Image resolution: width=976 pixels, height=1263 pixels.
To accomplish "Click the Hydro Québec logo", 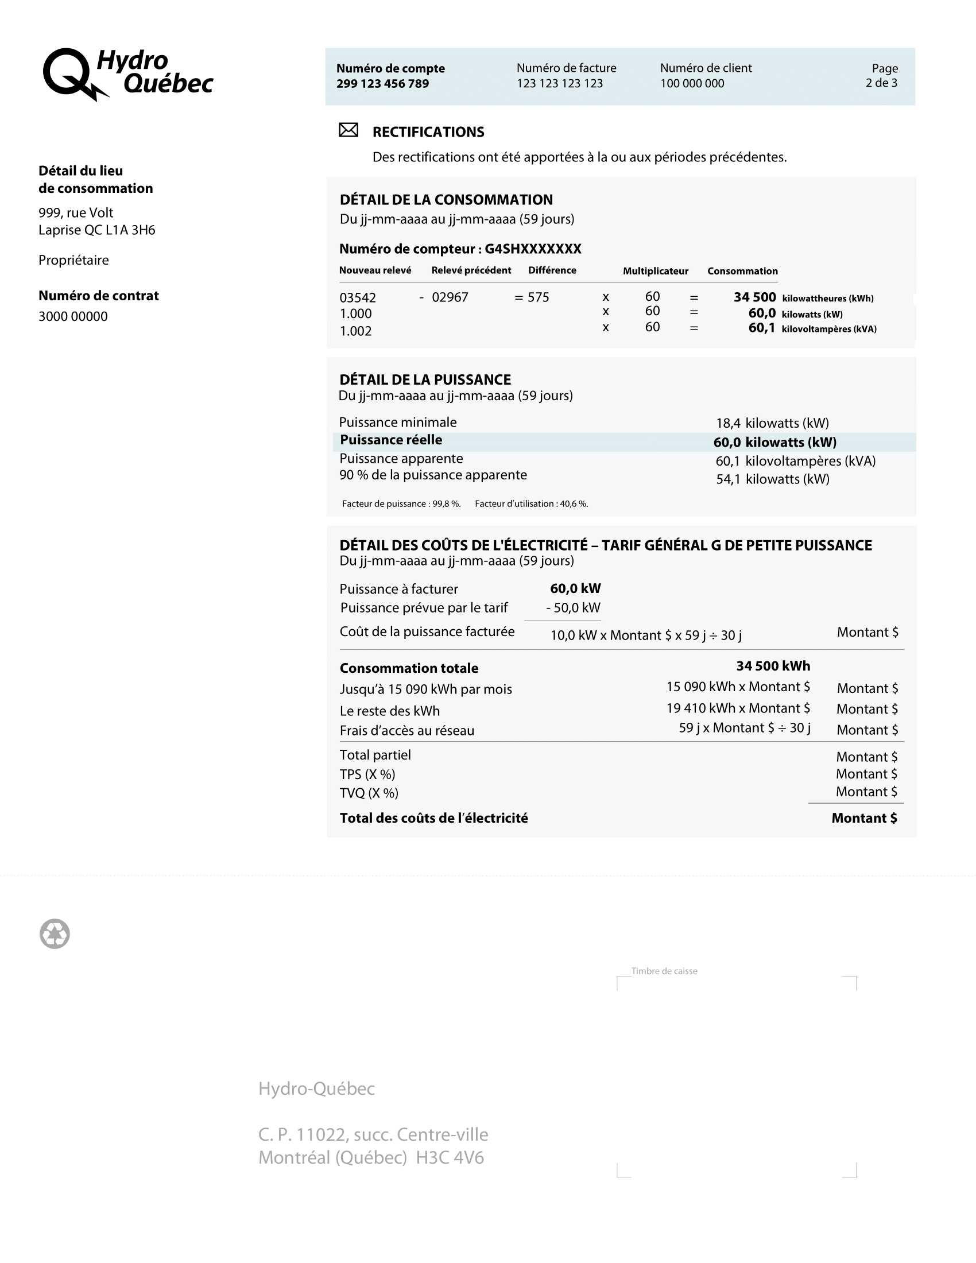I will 128,75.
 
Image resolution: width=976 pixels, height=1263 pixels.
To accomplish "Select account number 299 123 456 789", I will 382,84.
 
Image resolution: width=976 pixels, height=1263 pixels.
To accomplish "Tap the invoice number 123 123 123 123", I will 559,84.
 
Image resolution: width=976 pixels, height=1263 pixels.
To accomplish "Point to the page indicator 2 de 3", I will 881,83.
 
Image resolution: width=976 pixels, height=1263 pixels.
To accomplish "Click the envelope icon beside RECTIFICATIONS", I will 348,130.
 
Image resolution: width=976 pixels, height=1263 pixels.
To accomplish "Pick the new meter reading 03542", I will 357,298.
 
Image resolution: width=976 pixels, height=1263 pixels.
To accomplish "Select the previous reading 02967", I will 450,298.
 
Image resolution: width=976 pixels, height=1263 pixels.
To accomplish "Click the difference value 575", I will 538,298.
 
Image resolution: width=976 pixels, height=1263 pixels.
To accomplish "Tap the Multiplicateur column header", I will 655,271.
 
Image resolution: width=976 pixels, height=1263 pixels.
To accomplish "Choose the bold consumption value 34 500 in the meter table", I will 754,297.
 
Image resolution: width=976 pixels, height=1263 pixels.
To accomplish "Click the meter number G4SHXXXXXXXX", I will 533,249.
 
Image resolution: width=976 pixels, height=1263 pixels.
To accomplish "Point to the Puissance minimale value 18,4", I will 728,423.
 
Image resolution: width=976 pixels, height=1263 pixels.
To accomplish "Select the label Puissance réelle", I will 391,440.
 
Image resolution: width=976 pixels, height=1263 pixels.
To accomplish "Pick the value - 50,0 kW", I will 573,608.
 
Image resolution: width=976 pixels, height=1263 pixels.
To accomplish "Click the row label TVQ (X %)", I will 369,793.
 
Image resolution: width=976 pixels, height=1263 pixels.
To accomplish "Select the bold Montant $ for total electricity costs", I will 864,818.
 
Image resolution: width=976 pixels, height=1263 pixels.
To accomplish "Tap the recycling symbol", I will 55,934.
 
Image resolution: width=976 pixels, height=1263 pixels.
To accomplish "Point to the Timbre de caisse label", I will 664,971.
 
